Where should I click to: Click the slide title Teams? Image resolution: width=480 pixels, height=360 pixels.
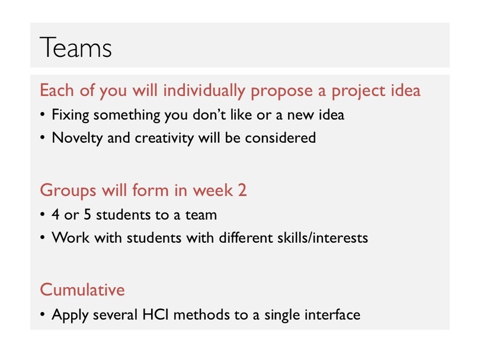(76, 47)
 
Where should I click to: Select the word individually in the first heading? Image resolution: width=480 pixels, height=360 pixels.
(204, 91)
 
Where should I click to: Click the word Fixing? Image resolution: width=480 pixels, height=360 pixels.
(71, 115)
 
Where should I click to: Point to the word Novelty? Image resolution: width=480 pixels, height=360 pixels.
(77, 138)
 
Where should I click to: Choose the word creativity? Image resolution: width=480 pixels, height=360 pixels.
(164, 138)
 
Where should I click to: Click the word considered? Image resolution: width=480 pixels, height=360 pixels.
(280, 137)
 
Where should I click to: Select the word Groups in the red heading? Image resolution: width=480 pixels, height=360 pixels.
(68, 191)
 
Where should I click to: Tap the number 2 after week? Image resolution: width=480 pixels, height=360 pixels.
(242, 190)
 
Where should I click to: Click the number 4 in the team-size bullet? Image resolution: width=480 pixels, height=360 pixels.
(56, 214)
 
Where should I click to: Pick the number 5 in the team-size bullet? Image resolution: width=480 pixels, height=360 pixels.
(88, 214)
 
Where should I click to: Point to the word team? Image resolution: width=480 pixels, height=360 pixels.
(201, 215)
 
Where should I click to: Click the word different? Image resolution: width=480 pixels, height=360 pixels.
(245, 237)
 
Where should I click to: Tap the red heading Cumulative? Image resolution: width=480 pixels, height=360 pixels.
(82, 290)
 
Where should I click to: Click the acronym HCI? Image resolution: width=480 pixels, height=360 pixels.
(155, 314)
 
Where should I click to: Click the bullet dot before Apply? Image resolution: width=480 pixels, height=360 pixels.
(42, 314)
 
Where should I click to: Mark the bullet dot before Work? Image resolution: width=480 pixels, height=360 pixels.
(42, 237)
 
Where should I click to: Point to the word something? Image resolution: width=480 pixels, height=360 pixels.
(127, 115)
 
